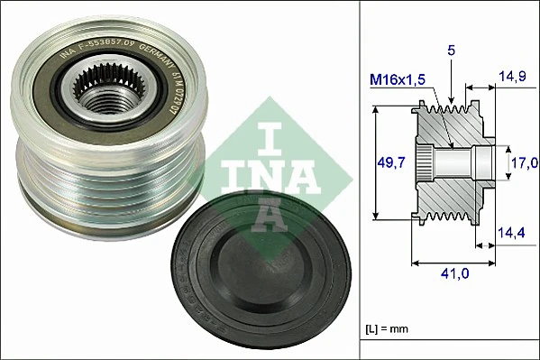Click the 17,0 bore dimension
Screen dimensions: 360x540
pyautogui.click(x=525, y=162)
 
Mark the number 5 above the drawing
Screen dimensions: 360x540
pyautogui.click(x=451, y=51)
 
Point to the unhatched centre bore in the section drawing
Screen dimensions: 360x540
pyautogui.click(x=460, y=162)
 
